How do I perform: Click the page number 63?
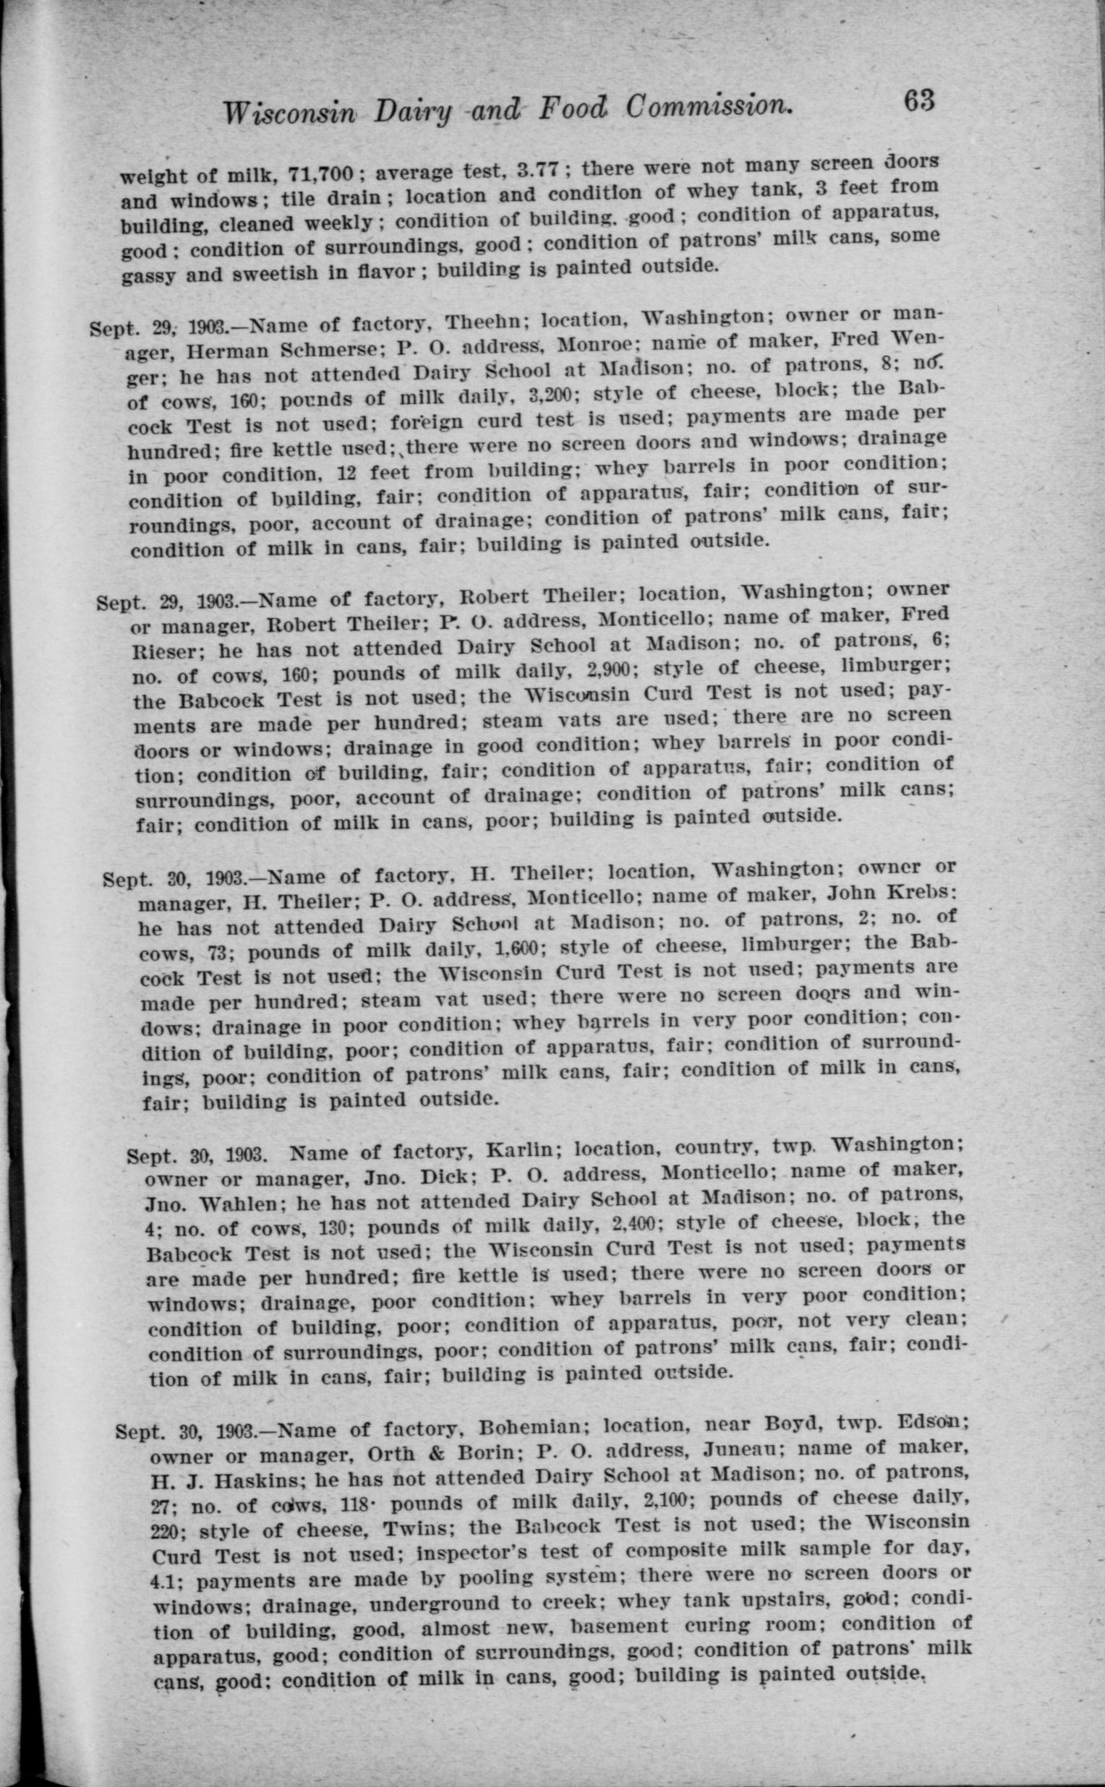point(918,100)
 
